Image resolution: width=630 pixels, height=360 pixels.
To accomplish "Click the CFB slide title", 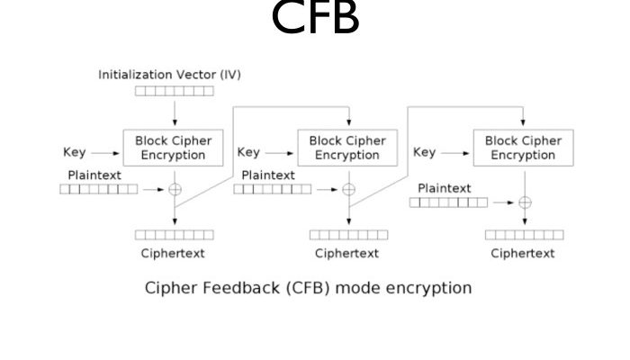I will click(x=315, y=18).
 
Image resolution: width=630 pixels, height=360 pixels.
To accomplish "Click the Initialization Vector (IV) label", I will click(x=169, y=75).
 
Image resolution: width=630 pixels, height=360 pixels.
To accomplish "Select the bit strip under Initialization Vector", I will click(x=174, y=91).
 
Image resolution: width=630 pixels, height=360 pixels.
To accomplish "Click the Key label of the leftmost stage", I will click(x=75, y=153).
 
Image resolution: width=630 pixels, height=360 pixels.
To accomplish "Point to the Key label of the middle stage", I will click(x=248, y=153).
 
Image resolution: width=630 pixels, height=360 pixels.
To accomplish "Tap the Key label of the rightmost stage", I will click(x=424, y=153).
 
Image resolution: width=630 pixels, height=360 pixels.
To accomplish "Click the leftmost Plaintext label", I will click(x=94, y=174).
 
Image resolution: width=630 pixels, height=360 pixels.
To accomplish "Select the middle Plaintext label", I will click(x=268, y=175).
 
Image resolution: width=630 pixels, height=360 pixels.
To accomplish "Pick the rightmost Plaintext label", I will click(x=445, y=188).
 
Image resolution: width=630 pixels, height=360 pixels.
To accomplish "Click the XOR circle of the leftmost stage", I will click(x=174, y=189).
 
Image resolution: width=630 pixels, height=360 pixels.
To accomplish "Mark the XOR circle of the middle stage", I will click(x=349, y=189).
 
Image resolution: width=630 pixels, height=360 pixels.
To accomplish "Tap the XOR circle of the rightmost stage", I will click(x=525, y=202).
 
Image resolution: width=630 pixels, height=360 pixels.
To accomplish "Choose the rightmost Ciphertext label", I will click(x=523, y=253).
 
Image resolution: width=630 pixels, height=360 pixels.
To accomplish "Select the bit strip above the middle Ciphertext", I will click(x=349, y=235).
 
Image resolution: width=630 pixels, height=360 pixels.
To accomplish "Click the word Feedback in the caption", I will click(x=232, y=289).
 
